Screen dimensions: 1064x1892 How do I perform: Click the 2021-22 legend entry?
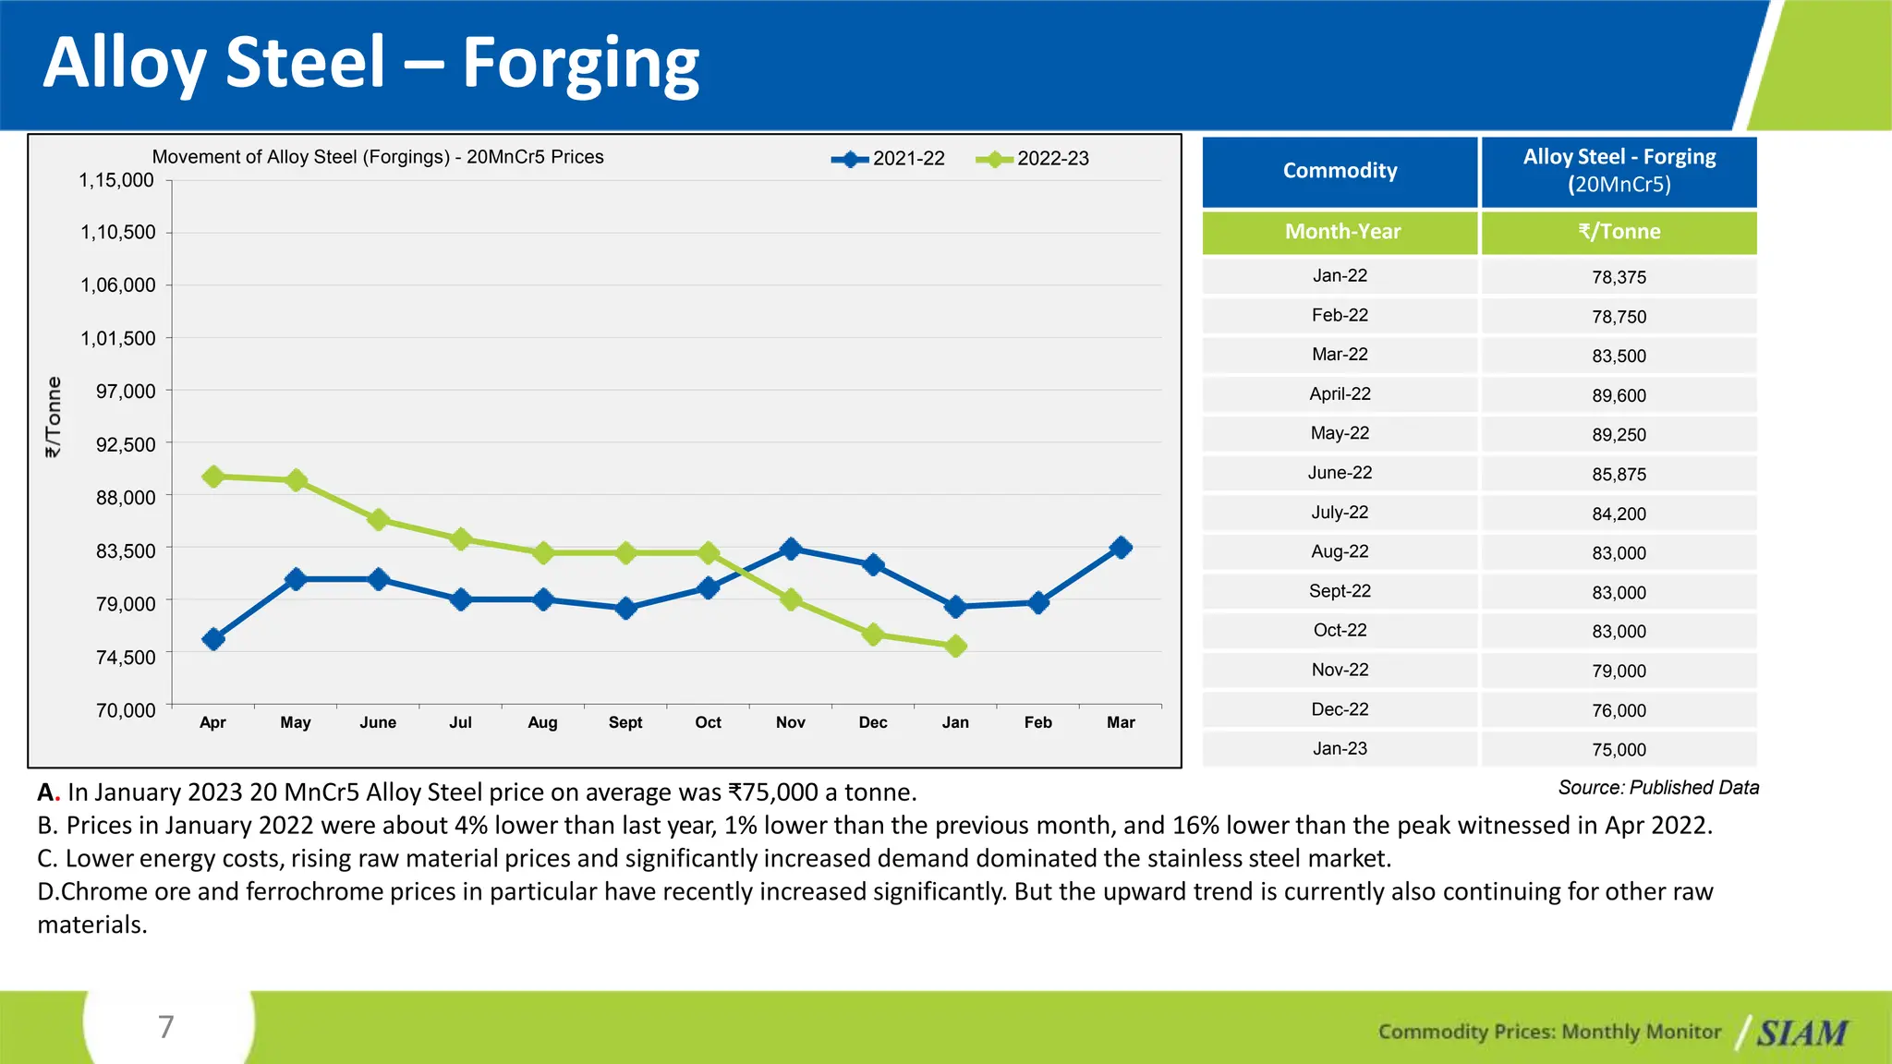[x=889, y=159]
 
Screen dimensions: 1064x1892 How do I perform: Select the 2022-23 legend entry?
[x=1033, y=159]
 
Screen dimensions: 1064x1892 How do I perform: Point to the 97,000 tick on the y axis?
[x=126, y=392]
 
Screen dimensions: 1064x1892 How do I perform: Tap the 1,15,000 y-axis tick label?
[x=116, y=181]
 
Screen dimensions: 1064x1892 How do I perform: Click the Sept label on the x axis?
[x=625, y=722]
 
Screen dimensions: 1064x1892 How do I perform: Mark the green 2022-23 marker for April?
[x=213, y=477]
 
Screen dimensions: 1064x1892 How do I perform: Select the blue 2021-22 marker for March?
[x=1121, y=548]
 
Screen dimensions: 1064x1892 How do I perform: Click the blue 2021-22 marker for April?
[x=213, y=639]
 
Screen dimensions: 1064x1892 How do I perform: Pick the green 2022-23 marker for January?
[x=956, y=647]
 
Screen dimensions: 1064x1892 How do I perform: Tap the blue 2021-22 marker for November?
[x=791, y=549]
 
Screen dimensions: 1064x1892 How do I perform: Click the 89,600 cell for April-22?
[x=1619, y=395]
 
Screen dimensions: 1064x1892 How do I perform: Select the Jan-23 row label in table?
[x=1340, y=749]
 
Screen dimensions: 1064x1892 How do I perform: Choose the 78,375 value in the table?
[x=1619, y=277]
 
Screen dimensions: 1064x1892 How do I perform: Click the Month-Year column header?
[x=1341, y=232]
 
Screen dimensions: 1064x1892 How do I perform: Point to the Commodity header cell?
[x=1340, y=171]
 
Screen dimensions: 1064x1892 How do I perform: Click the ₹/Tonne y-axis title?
[x=54, y=417]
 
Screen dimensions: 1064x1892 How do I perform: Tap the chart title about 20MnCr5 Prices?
[x=378, y=157]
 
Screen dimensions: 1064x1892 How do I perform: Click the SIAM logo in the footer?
[x=1801, y=1033]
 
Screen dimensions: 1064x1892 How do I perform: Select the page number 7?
[x=166, y=1027]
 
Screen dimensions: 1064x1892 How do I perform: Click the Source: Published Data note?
[x=1658, y=788]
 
